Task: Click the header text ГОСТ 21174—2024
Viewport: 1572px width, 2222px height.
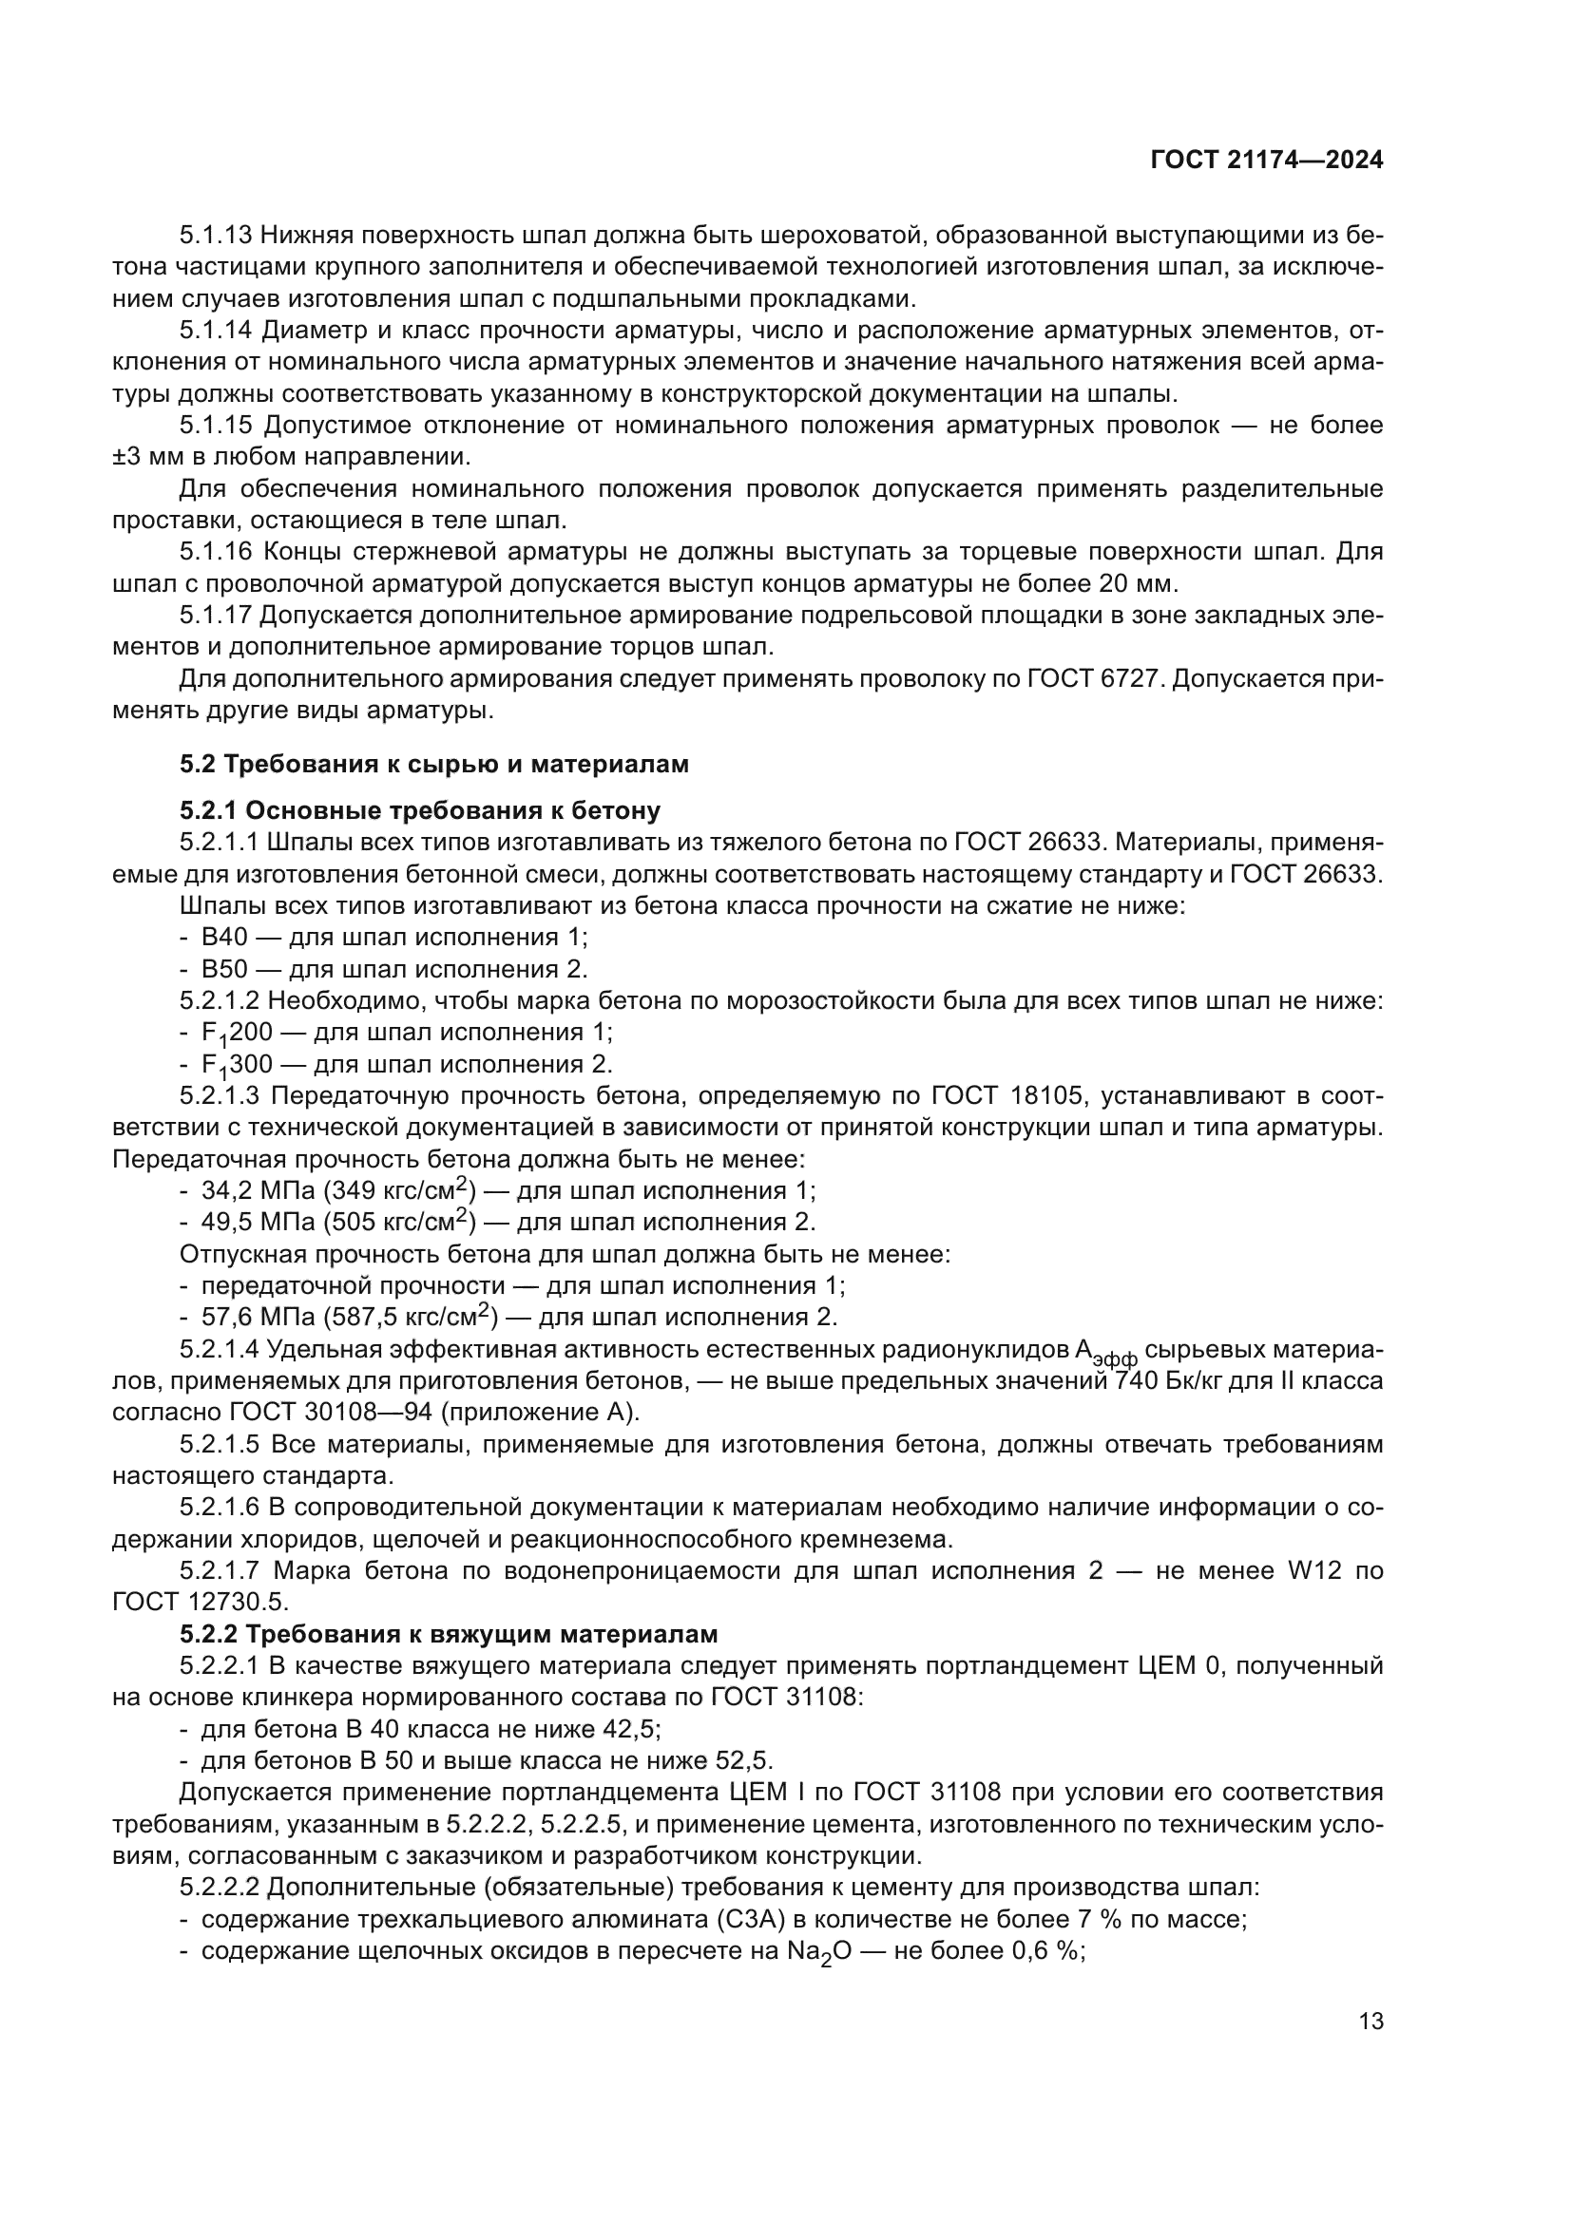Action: (x=1266, y=161)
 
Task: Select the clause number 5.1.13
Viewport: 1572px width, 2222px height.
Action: (x=216, y=236)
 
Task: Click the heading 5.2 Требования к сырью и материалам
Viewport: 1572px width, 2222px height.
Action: (x=433, y=765)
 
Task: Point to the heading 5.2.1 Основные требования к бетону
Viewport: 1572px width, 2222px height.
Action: (x=419, y=810)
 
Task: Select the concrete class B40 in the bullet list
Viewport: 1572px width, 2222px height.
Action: (x=224, y=937)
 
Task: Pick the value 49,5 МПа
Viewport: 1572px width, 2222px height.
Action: (x=257, y=1223)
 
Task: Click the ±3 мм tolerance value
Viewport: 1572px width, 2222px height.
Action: (x=145, y=457)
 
